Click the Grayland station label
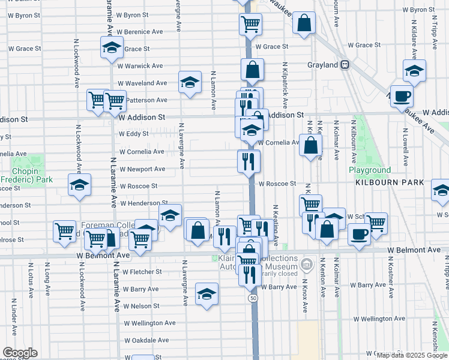(x=323, y=65)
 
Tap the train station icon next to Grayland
(x=345, y=65)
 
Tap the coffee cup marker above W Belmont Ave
(x=359, y=235)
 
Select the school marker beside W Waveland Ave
(x=190, y=82)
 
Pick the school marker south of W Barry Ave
(x=206, y=294)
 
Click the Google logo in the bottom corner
(x=19, y=353)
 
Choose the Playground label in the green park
(x=370, y=170)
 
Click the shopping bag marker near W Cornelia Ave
(x=310, y=146)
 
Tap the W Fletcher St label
(x=143, y=272)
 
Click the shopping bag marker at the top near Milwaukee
(x=304, y=23)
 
